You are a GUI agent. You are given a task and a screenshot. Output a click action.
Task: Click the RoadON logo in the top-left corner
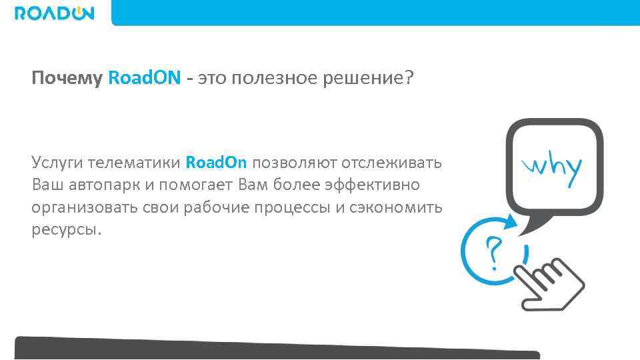[x=55, y=13]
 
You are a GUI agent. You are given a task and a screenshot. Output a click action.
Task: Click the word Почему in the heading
[x=67, y=79]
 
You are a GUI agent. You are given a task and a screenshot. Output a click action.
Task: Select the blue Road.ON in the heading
[x=144, y=79]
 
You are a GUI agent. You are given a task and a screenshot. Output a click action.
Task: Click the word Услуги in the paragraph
[x=57, y=162]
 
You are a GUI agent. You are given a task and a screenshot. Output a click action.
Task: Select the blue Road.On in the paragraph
[x=216, y=162]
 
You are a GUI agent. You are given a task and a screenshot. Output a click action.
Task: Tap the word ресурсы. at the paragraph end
[x=67, y=231]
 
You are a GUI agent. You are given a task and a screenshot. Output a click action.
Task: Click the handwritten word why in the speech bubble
[x=553, y=167]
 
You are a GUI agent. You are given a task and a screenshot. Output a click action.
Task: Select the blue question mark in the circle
[x=493, y=251]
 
